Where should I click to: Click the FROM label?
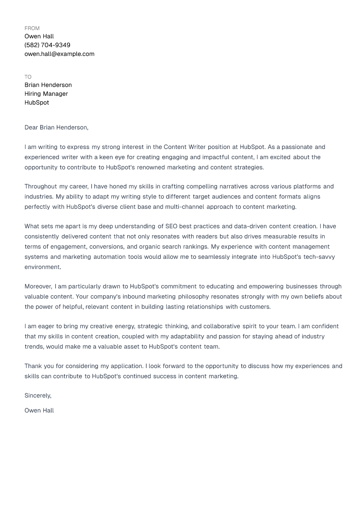(32, 28)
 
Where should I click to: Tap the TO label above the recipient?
(28, 77)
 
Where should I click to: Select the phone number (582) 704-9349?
(47, 45)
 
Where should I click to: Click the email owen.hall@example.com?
(59, 54)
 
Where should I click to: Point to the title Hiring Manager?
(46, 94)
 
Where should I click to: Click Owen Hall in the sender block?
(39, 36)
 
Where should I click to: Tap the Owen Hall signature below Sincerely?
(39, 411)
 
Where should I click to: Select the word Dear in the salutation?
(31, 128)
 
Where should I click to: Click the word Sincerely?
(38, 396)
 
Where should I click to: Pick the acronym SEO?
(171, 226)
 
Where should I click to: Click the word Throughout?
(41, 187)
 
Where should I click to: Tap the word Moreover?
(38, 286)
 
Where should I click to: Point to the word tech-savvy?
(319, 257)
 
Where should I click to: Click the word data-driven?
(250, 226)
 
